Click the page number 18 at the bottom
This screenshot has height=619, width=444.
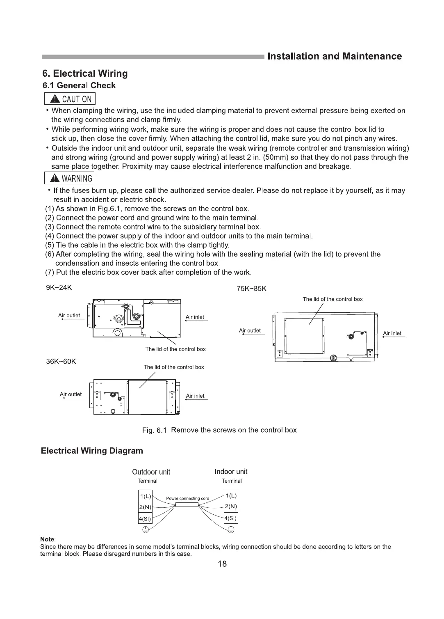coord(222,564)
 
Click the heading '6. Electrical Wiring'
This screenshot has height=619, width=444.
coord(85,73)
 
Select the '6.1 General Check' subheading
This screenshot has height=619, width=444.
coord(79,85)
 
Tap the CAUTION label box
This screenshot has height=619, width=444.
coord(70,99)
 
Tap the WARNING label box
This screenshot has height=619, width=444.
coord(70,178)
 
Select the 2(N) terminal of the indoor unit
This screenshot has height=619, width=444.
coord(231,507)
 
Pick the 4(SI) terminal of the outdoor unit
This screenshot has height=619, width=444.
coord(145,518)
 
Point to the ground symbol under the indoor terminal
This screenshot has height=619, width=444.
coord(231,530)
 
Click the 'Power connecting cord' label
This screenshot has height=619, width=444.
coord(187,498)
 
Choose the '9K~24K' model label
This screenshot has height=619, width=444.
coord(59,287)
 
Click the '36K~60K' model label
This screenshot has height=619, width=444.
coord(61,362)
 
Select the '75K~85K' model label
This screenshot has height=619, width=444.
coord(252,288)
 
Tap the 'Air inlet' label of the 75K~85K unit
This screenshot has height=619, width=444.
coord(392,333)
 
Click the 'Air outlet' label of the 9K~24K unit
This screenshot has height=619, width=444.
coord(69,316)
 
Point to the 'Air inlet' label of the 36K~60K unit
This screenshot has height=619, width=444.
coord(195,396)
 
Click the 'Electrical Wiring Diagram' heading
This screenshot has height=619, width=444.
coord(92,451)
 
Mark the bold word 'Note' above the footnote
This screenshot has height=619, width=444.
coord(48,539)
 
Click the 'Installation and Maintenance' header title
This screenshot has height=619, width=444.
coord(335,56)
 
